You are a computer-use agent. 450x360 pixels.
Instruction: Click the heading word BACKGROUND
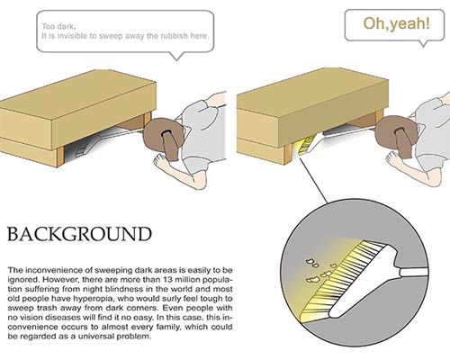coord(79,234)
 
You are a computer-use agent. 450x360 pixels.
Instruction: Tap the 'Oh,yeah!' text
coord(397,23)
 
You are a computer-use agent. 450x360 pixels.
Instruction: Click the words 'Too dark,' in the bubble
coord(58,26)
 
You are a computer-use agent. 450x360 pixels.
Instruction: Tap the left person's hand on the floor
coord(161,163)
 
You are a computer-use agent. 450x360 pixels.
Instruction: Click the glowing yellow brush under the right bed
coord(307,145)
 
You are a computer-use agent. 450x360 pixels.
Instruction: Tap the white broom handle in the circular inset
coord(413,273)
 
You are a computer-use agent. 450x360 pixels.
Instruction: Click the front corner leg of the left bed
coord(60,158)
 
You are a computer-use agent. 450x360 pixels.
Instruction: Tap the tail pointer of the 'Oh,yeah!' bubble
coord(423,44)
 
